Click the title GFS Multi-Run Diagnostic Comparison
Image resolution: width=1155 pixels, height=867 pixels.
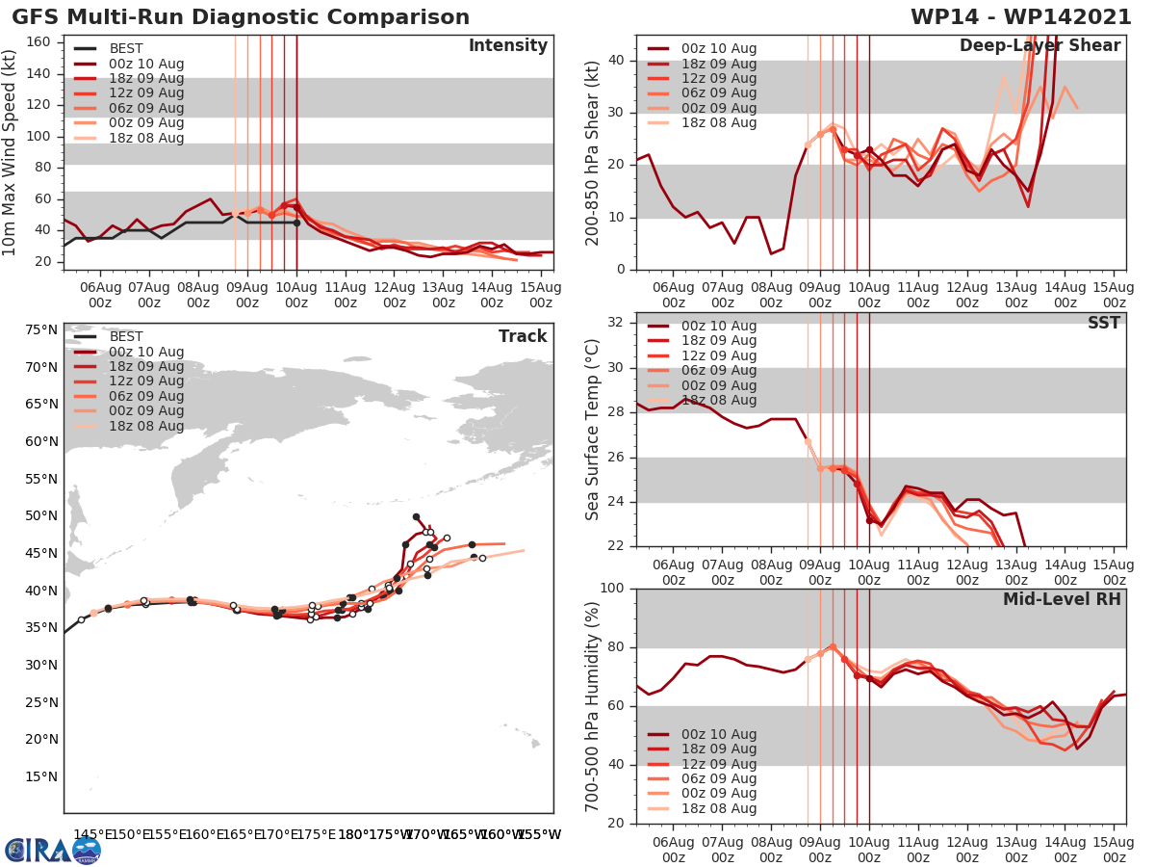pos(241,17)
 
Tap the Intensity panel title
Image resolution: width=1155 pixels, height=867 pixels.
pos(507,46)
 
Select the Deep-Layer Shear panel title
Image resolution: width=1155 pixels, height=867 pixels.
pos(1039,46)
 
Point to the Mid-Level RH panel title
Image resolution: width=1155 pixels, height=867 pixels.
pos(1062,599)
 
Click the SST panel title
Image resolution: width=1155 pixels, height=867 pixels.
pos(1103,323)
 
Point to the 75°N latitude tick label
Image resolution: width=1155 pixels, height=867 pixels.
pos(40,330)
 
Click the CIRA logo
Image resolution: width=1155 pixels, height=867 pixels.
pos(52,850)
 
